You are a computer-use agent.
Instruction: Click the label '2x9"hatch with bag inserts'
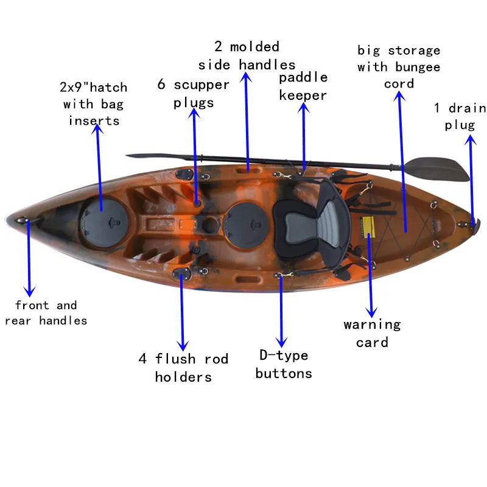[x=94, y=104]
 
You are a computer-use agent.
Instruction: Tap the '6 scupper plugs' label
[x=193, y=93]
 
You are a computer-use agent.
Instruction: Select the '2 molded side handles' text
[x=247, y=55]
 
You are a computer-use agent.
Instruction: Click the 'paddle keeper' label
[x=303, y=86]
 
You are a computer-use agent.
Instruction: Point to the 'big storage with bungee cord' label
[x=399, y=67]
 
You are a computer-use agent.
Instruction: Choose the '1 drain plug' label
[x=460, y=116]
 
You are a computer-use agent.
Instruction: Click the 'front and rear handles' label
[x=46, y=313]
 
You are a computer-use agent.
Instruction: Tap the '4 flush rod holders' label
[x=183, y=368]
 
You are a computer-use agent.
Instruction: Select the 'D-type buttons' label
[x=284, y=364]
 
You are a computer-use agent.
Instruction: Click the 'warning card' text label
[x=372, y=333]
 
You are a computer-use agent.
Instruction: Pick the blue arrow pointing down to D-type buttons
[x=281, y=310]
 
